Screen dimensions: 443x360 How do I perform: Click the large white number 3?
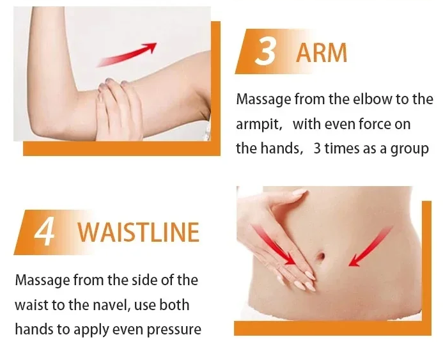pyautogui.click(x=265, y=51)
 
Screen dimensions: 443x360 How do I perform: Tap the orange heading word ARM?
pyautogui.click(x=322, y=53)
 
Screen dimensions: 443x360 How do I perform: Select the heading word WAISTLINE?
pyautogui.click(x=139, y=232)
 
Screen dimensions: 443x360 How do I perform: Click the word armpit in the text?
pyautogui.click(x=258, y=125)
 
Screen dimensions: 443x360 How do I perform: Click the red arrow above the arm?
pyautogui.click(x=127, y=55)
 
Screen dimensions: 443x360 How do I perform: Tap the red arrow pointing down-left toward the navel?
pyautogui.click(x=371, y=246)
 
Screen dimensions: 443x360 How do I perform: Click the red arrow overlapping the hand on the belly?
pyautogui.click(x=274, y=244)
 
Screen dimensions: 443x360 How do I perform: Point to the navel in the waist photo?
pyautogui.click(x=322, y=256)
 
